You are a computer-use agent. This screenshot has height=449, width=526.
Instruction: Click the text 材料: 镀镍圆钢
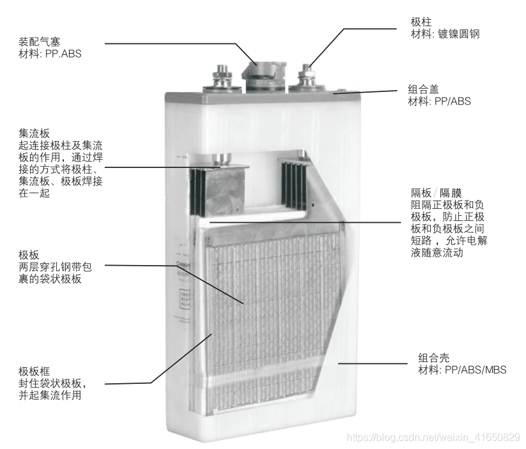[x=445, y=34]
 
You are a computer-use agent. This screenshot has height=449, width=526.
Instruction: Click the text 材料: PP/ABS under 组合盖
[x=439, y=102]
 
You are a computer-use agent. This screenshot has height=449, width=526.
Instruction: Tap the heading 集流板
[x=35, y=133]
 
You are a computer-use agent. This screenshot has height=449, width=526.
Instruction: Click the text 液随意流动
[x=437, y=253]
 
